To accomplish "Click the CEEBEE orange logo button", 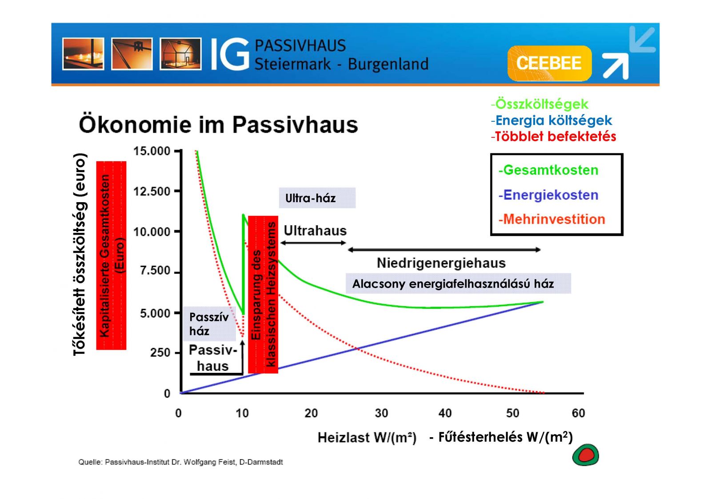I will (549, 63).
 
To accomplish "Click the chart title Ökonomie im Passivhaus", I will (218, 124).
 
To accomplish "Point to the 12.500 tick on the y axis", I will (152, 192).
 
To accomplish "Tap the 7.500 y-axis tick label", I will (155, 271).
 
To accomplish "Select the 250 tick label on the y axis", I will (160, 353).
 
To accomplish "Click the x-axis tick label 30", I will (381, 413).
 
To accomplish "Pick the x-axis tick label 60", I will (578, 413).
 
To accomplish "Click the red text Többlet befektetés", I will (555, 136).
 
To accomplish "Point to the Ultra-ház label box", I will (317, 198).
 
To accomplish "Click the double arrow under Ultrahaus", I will (313, 243).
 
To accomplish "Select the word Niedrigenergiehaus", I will (441, 263).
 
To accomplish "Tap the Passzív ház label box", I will (209, 324).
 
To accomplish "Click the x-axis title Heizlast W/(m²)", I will (367, 438).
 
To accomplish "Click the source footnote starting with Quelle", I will (180, 462).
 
